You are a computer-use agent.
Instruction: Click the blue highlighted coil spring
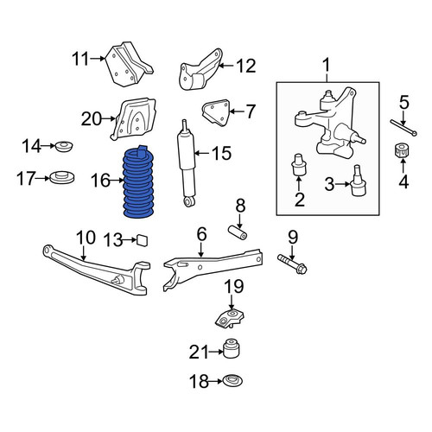tap(139, 182)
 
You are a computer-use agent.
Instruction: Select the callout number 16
tap(100, 181)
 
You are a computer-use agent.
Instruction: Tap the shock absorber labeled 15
tap(187, 163)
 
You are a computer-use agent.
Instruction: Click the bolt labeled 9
tap(292, 264)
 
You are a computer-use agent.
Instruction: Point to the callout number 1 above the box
tap(327, 65)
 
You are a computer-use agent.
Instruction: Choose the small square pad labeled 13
tap(143, 240)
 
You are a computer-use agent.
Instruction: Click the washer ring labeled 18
tap(233, 381)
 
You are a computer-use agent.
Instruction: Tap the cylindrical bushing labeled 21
tap(232, 348)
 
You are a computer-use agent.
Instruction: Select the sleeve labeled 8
tap(238, 232)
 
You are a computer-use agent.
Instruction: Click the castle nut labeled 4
tap(402, 150)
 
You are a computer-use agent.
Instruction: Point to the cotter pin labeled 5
tap(403, 127)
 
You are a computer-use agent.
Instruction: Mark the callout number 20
tap(92, 118)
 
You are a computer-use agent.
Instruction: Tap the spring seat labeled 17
tap(62, 177)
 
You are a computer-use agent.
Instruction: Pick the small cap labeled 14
tap(64, 147)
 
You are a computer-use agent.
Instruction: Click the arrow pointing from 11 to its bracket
tap(98, 59)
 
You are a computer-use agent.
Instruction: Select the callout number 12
tap(246, 66)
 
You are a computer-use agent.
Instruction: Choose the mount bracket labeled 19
tap(230, 317)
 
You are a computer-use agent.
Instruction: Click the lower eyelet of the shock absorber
tap(188, 201)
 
